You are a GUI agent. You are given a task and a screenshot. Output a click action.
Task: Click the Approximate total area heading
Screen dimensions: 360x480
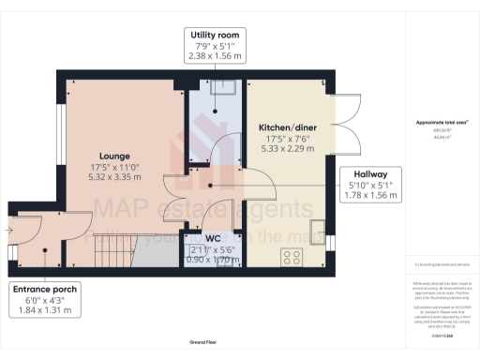(442, 123)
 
